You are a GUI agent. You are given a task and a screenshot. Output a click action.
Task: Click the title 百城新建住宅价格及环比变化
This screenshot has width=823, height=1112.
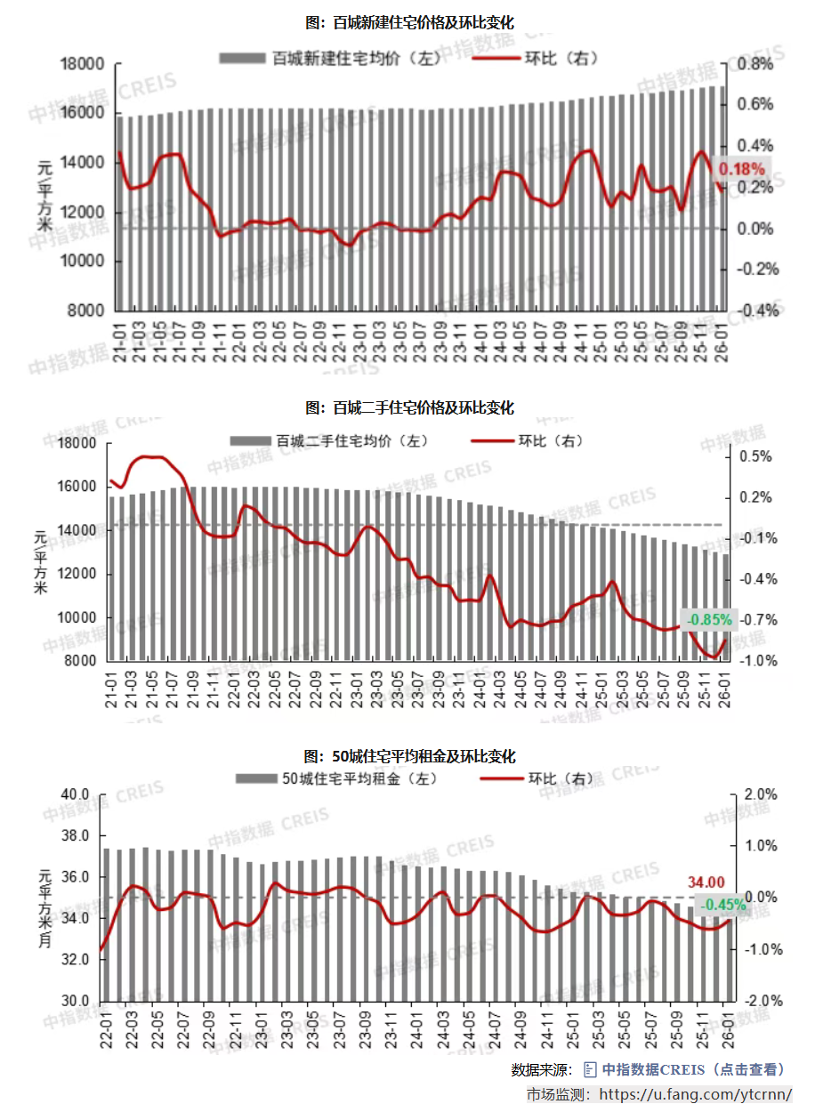410,21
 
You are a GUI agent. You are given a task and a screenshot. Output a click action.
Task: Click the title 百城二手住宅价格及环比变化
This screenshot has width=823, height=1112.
410,408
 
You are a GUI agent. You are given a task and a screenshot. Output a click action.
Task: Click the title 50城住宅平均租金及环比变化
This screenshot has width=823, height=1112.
410,757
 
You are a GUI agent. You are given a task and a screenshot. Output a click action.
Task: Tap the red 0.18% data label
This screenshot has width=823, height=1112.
741,169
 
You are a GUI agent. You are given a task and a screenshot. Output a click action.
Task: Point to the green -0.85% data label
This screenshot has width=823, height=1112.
709,619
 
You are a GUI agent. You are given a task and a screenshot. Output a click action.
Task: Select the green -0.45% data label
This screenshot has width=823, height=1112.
722,905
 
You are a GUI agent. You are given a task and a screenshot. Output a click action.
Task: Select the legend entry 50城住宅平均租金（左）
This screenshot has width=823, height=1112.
339,778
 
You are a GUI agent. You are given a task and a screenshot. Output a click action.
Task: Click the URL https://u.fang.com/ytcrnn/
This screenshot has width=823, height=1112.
697,1094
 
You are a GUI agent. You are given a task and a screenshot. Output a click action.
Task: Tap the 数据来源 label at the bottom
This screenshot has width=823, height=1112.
542,1070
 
